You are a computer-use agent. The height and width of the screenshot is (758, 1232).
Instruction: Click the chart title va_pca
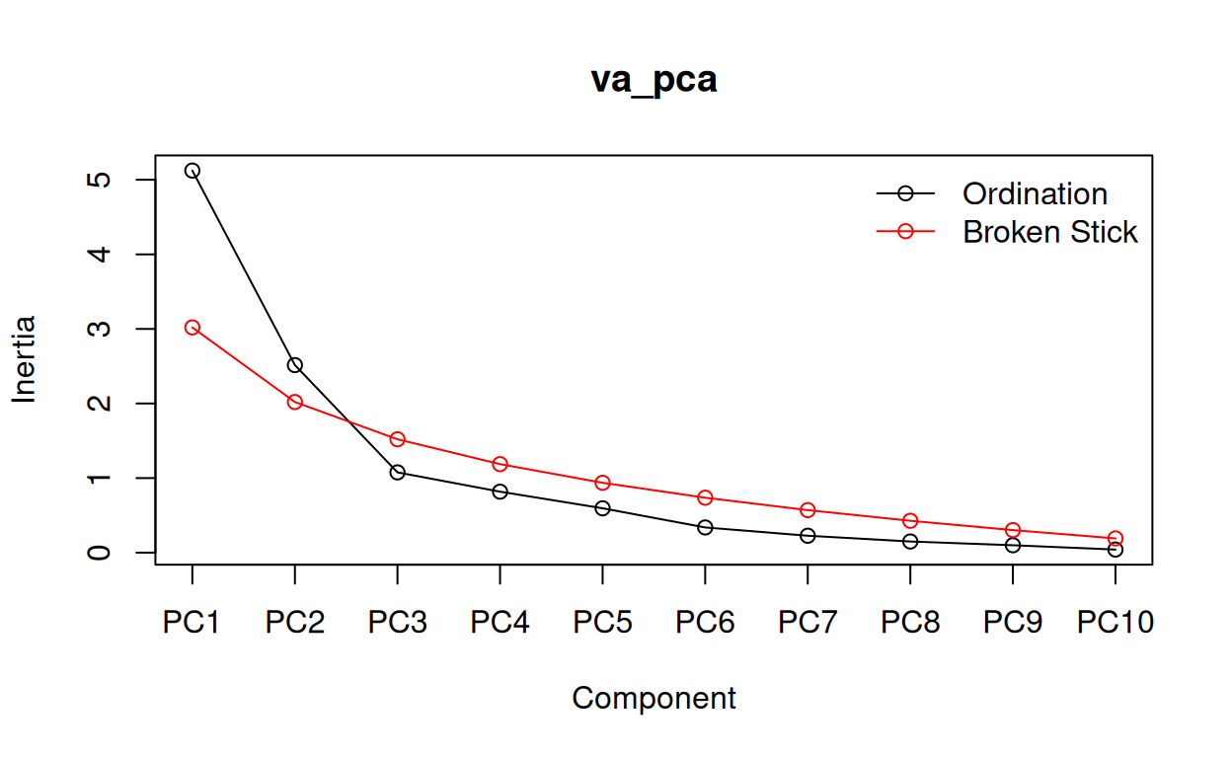[x=654, y=80]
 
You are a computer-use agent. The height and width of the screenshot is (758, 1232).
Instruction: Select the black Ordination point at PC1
[x=192, y=171]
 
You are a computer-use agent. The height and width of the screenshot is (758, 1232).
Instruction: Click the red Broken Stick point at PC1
[x=192, y=328]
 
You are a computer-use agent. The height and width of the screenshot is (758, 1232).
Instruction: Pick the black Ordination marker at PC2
[x=294, y=365]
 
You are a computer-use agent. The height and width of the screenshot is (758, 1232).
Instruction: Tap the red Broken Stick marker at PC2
[x=294, y=402]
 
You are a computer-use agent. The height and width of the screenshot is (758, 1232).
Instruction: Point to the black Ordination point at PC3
[x=397, y=472]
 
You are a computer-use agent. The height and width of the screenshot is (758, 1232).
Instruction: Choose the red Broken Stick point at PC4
[x=500, y=464]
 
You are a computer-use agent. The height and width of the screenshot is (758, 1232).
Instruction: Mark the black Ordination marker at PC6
[x=705, y=527]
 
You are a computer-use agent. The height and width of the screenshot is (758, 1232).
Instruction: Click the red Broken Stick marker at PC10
[x=1115, y=538]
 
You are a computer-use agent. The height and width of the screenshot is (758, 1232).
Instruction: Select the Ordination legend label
[x=1035, y=193]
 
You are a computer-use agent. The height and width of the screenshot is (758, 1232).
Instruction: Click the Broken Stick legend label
[x=1050, y=232]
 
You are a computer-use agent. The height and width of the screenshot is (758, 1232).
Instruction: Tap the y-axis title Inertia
[x=25, y=358]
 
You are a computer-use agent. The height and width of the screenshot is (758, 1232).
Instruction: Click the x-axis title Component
[x=654, y=699]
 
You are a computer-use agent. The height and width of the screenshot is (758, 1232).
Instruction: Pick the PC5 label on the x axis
[x=602, y=624]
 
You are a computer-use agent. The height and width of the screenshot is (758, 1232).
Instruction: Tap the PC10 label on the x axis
[x=1115, y=624]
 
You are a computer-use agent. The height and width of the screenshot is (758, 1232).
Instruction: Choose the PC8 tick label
[x=909, y=624]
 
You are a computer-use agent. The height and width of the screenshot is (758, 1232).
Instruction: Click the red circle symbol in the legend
[x=905, y=232]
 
